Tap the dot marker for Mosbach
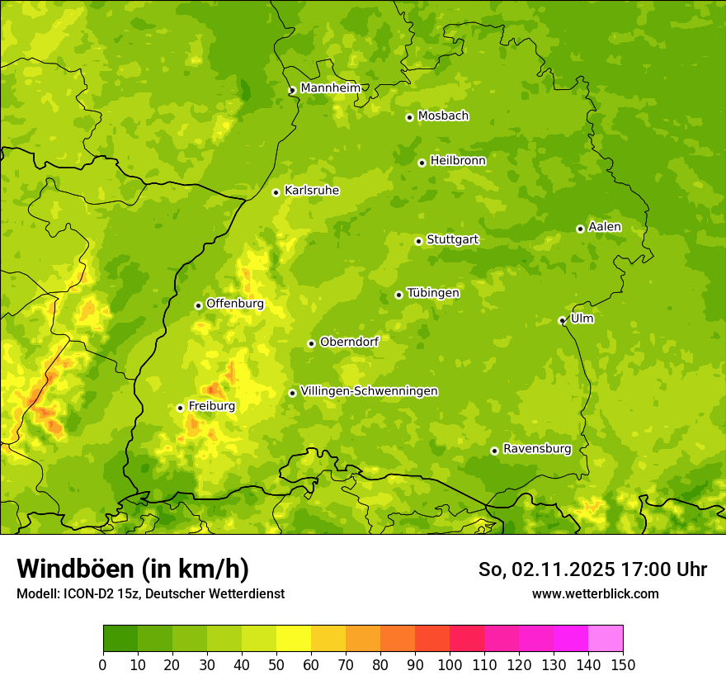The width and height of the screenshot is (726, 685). [409, 117]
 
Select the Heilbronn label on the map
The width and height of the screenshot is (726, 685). [458, 160]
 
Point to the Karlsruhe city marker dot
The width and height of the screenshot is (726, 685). [276, 192]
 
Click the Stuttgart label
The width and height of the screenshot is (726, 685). [452, 239]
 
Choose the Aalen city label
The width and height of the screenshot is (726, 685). [605, 226]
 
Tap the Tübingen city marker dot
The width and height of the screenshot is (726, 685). [399, 295]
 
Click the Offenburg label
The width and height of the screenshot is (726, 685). [235, 303]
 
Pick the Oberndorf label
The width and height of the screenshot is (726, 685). [349, 341]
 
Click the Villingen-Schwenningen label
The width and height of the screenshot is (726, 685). [369, 390]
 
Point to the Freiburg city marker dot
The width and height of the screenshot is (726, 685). [180, 408]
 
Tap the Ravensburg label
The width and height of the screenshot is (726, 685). [537, 448]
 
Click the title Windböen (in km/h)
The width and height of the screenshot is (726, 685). [133, 569]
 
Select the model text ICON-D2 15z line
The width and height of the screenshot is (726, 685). [150, 593]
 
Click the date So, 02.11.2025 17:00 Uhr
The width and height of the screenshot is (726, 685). [592, 569]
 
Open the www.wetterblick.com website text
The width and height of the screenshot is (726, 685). [595, 593]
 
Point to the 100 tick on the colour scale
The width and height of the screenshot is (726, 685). [450, 664]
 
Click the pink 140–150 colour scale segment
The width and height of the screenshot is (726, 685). [606, 639]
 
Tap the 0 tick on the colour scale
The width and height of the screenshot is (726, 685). [103, 664]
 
